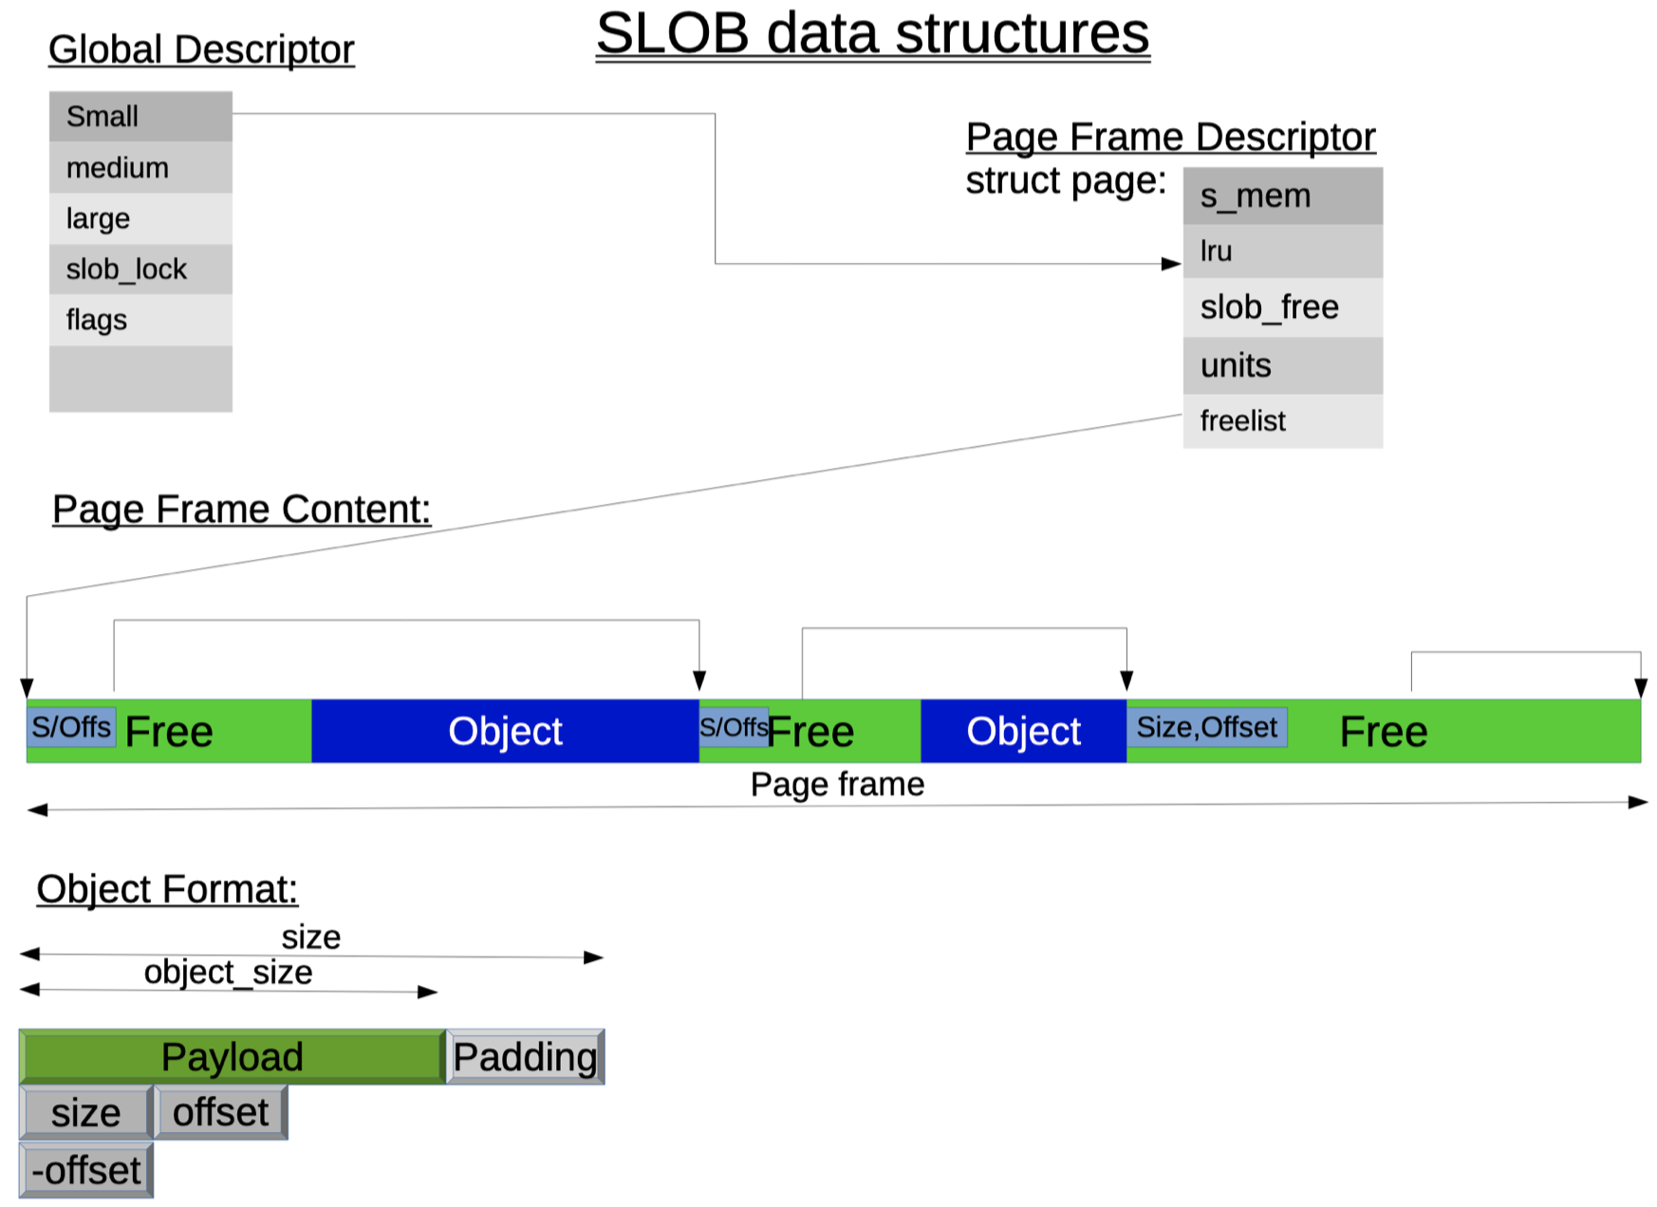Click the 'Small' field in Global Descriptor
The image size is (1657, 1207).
(140, 117)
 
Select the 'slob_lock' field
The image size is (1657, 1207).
(140, 269)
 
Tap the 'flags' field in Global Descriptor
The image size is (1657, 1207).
(140, 320)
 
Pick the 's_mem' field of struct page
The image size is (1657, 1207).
(1282, 196)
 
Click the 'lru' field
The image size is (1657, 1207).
(1282, 251)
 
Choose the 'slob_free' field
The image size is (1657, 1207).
(1282, 307)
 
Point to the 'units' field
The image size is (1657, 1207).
(1282, 365)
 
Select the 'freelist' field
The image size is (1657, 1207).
(1282, 420)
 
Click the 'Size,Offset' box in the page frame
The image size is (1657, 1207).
(1206, 728)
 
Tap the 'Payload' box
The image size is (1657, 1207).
(233, 1057)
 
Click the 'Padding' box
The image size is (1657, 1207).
(525, 1057)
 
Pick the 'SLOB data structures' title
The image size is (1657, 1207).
(872, 34)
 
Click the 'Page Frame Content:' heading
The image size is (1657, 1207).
(241, 510)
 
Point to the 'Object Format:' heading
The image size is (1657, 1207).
(167, 890)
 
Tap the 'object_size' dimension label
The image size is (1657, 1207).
(228, 973)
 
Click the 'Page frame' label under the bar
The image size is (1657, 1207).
(837, 785)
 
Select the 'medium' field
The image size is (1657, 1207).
(140, 168)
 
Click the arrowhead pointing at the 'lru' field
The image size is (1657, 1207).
(1172, 264)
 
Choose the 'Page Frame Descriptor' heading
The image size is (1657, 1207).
(1170, 138)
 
